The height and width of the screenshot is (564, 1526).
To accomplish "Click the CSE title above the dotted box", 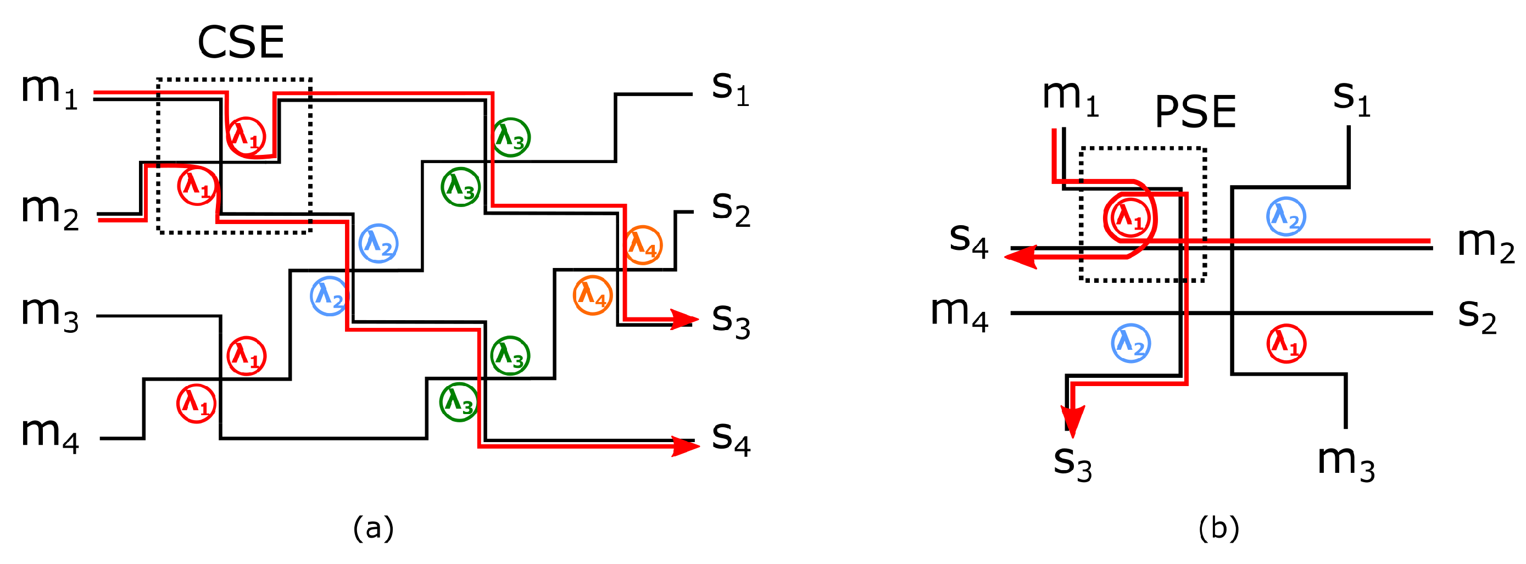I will click(x=241, y=43).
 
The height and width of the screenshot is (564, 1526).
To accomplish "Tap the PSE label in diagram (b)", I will click(x=1195, y=112).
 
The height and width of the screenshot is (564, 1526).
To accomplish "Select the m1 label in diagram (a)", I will click(x=49, y=90).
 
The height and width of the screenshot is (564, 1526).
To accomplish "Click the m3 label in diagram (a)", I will click(x=49, y=314).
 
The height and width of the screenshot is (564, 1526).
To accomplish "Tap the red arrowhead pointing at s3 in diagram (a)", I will click(x=682, y=319).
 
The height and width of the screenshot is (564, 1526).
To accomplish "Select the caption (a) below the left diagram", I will click(x=372, y=527).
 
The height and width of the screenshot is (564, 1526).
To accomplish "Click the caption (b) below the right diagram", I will click(x=1218, y=527).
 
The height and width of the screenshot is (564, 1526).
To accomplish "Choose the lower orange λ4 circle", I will click(x=592, y=294).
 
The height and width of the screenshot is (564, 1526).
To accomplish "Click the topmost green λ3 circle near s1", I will click(x=510, y=137).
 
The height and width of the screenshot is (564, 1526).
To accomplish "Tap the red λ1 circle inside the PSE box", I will click(x=1130, y=218).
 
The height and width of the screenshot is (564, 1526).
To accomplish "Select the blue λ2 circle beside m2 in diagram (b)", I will click(x=1285, y=216).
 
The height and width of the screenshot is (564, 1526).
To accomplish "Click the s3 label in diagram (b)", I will click(x=1072, y=463).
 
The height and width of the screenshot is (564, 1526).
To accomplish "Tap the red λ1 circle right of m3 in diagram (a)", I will click(x=246, y=356).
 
